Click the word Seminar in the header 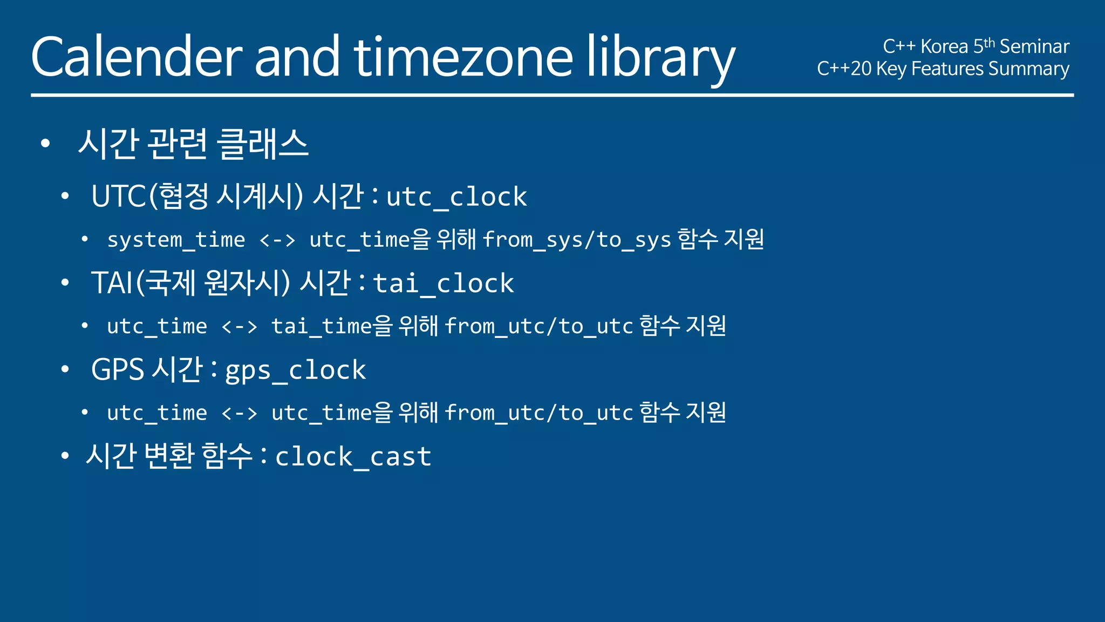(1034, 47)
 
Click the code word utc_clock (456, 197)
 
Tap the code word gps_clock (295, 371)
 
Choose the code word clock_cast (353, 457)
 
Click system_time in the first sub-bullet (176, 240)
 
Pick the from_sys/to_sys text (576, 240)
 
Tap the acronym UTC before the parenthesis (119, 196)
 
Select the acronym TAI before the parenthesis (112, 283)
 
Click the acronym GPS (118, 370)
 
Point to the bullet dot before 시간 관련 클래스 (45, 144)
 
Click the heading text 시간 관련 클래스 (193, 144)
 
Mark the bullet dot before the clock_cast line (65, 456)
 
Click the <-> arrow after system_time (277, 240)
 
